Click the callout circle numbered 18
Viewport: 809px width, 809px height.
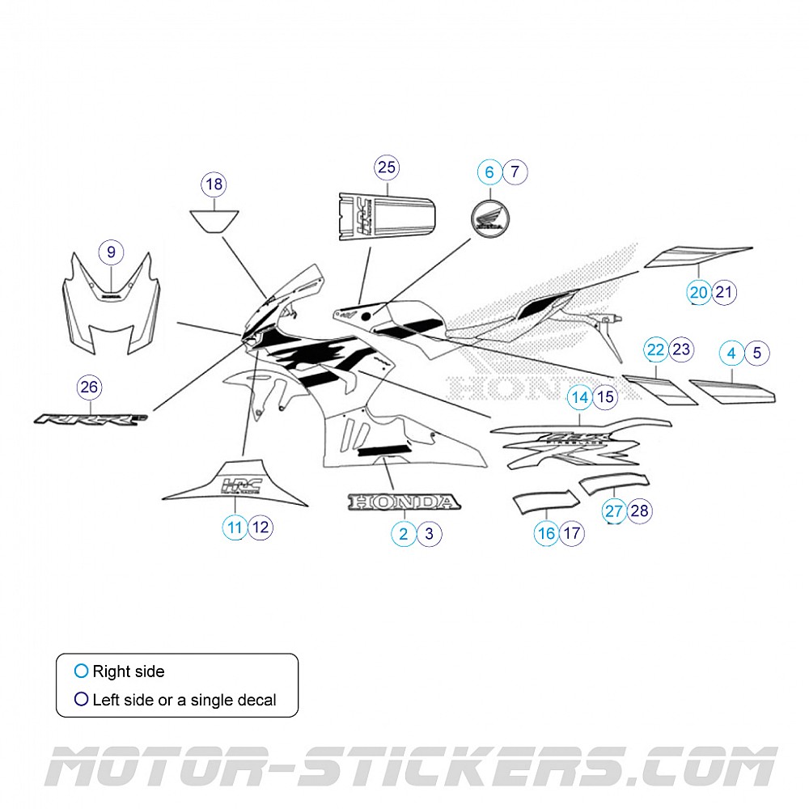click(x=214, y=184)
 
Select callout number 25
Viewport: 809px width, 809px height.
click(x=387, y=167)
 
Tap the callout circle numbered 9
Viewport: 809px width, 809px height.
click(x=111, y=252)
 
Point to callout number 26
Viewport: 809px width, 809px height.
click(x=89, y=388)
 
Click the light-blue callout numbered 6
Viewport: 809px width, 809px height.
click(x=489, y=172)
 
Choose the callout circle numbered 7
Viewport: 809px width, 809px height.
click(x=515, y=172)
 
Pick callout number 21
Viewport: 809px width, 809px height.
click(x=725, y=292)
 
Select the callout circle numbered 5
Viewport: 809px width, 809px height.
click(x=757, y=353)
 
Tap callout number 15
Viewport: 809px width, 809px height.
click(x=606, y=397)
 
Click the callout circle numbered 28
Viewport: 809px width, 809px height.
click(x=639, y=510)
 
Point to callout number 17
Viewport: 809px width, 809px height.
click(x=572, y=533)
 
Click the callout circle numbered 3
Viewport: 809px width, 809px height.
click(x=429, y=533)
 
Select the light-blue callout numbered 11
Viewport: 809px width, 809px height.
click(x=235, y=528)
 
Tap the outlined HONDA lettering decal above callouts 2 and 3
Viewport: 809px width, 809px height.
click(x=404, y=502)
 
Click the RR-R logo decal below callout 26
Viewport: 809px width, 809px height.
click(x=89, y=420)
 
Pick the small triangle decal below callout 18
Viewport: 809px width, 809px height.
click(x=214, y=219)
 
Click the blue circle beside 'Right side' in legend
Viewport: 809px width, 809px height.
click(x=80, y=671)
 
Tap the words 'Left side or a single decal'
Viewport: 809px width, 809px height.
click(x=184, y=700)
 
